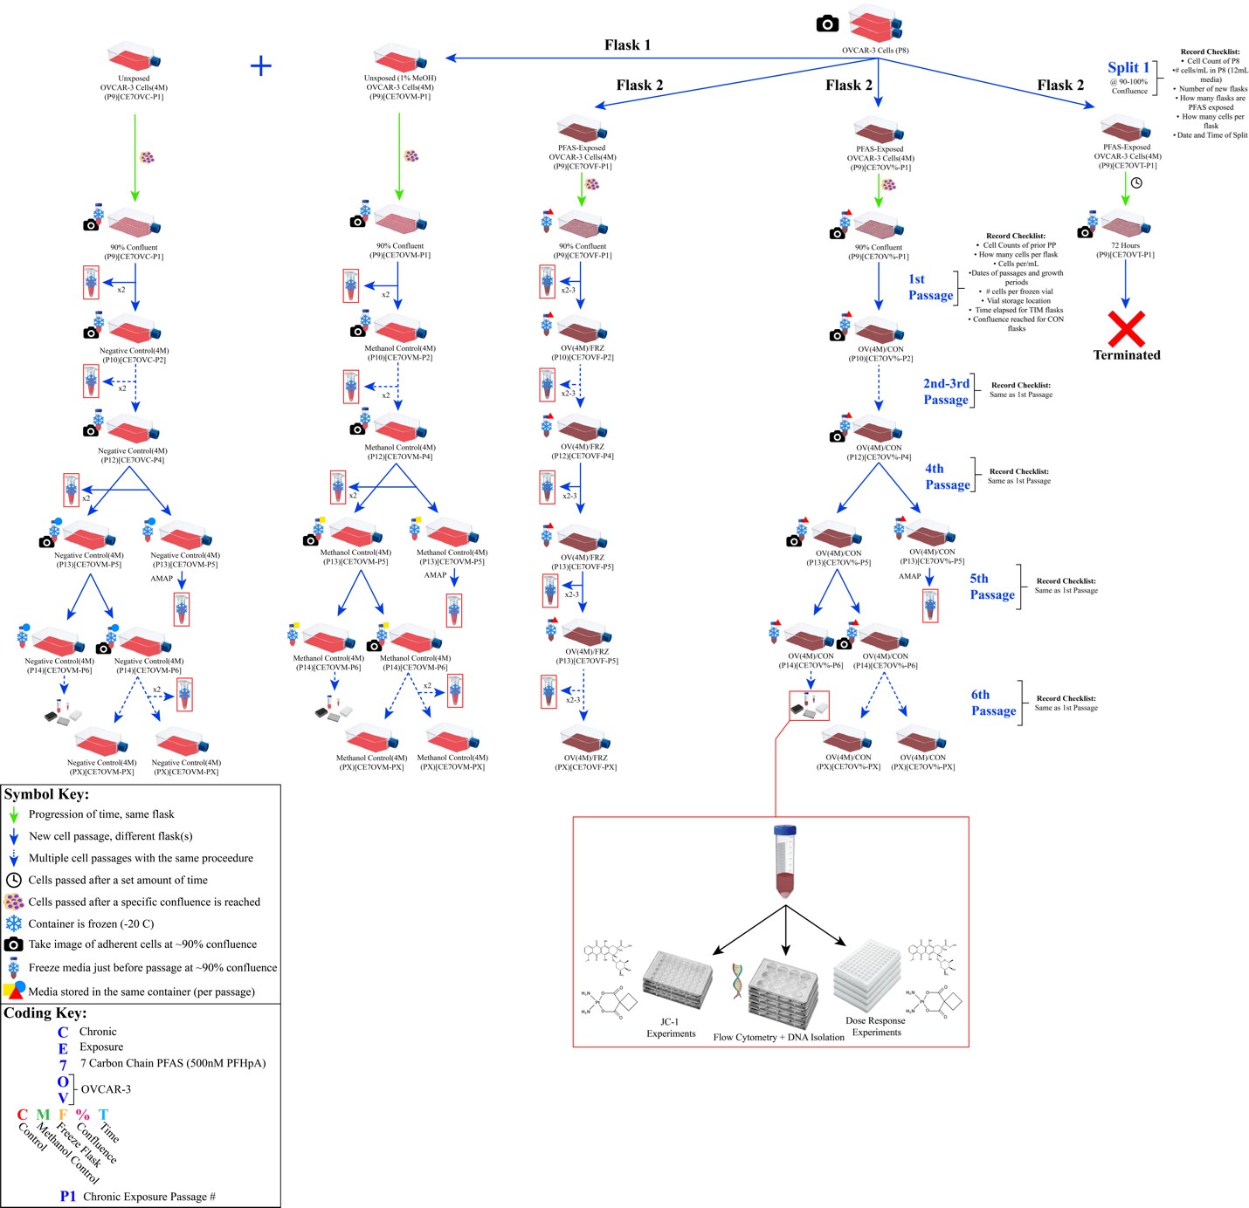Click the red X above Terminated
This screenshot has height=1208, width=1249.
tap(1127, 329)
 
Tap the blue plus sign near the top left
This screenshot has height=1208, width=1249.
tap(260, 65)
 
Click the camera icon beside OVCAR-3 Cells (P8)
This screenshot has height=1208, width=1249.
tap(827, 24)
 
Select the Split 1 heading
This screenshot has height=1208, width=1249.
tap(1128, 68)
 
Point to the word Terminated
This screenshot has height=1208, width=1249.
tap(1127, 355)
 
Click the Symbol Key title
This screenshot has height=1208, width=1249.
tap(46, 794)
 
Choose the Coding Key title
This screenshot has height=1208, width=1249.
tap(45, 1013)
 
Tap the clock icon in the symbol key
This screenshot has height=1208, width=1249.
tap(13, 880)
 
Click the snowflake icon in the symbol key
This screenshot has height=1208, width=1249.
tap(13, 923)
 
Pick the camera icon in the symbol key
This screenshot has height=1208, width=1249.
tap(13, 944)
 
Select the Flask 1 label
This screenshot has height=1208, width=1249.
tap(627, 45)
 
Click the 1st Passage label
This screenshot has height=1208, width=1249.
tap(929, 287)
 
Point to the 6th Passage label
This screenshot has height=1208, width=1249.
tap(993, 703)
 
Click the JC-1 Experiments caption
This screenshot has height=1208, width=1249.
tap(671, 1027)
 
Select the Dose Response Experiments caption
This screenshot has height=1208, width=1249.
tap(876, 1026)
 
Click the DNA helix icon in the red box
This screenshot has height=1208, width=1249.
tap(738, 981)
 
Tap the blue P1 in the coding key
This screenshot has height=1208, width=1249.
tap(68, 1197)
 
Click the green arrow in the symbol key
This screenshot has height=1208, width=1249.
tap(13, 814)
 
